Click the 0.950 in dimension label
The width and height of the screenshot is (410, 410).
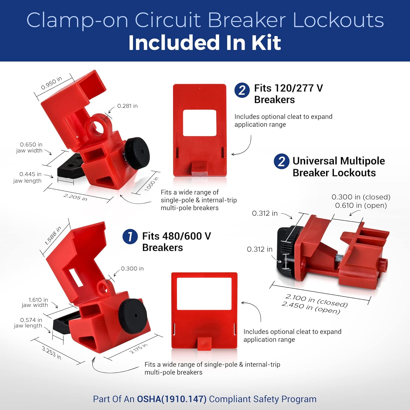[51, 83]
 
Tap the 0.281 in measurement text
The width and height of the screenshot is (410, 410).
[127, 106]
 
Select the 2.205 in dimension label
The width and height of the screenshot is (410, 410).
[75, 197]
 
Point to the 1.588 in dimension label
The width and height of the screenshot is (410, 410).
[53, 236]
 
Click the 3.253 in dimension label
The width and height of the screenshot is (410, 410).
[52, 353]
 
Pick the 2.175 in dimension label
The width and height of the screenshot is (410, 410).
[138, 348]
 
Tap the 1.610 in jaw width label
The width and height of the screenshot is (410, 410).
[35, 302]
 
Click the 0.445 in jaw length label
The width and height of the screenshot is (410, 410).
[28, 177]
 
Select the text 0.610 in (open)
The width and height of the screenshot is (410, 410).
[361, 205]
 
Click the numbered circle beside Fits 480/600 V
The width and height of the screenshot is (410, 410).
[130, 236]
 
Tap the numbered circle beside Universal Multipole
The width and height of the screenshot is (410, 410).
[281, 161]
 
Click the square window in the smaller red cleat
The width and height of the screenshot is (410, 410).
[199, 123]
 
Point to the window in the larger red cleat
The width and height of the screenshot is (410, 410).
[204, 294]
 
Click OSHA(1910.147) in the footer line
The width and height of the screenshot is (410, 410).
[172, 399]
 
